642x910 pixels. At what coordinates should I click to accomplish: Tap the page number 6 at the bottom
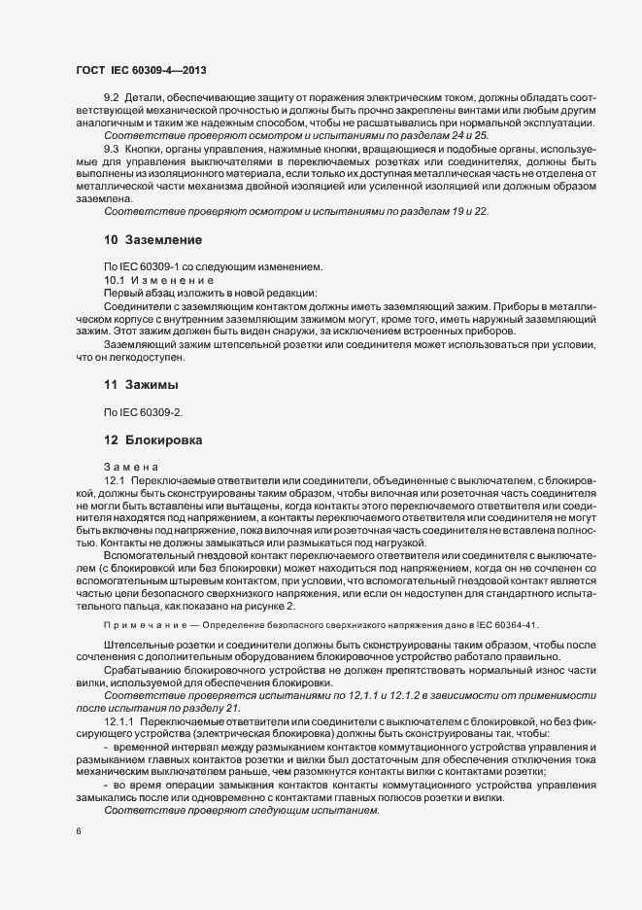click(79, 831)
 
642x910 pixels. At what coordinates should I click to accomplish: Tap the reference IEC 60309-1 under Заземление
click(149, 266)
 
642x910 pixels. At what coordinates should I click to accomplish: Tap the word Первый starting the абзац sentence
click(122, 292)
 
